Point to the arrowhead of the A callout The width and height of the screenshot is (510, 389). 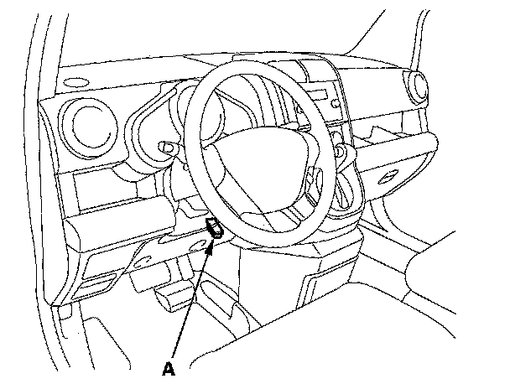click(213, 240)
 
